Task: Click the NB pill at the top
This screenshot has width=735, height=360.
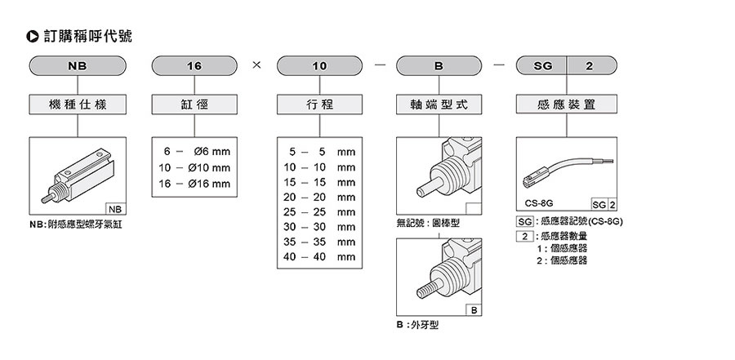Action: [77, 65]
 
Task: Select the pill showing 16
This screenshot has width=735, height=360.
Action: [194, 65]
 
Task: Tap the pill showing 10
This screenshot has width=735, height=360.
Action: [319, 65]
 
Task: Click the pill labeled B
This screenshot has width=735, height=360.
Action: [438, 65]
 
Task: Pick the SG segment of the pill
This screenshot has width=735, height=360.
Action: [541, 65]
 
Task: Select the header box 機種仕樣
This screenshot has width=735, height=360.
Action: [77, 104]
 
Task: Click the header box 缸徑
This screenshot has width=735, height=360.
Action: [194, 104]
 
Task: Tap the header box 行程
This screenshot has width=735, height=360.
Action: [319, 104]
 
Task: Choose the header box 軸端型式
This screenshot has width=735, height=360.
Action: [438, 104]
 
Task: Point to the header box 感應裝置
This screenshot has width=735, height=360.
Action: [567, 104]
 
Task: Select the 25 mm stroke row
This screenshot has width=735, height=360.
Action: [319, 211]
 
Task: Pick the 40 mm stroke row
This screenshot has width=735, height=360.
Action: [319, 256]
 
